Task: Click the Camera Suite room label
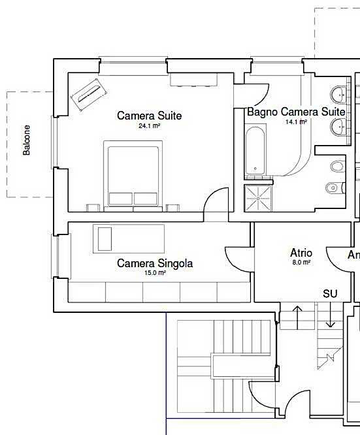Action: pos(149,116)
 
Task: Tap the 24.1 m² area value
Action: pos(149,125)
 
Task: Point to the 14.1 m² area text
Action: pos(296,121)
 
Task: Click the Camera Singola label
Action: pos(155,263)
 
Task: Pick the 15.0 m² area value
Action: pos(155,273)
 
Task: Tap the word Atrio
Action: pos(301,253)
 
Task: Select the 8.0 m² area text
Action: pos(301,262)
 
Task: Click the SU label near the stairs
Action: pos(330,294)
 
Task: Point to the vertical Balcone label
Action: pos(27,140)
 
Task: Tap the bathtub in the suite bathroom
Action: pos(255,152)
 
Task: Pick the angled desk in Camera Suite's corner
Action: pos(88,96)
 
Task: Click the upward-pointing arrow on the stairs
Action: pos(298,317)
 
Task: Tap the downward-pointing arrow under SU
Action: pos(331,317)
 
